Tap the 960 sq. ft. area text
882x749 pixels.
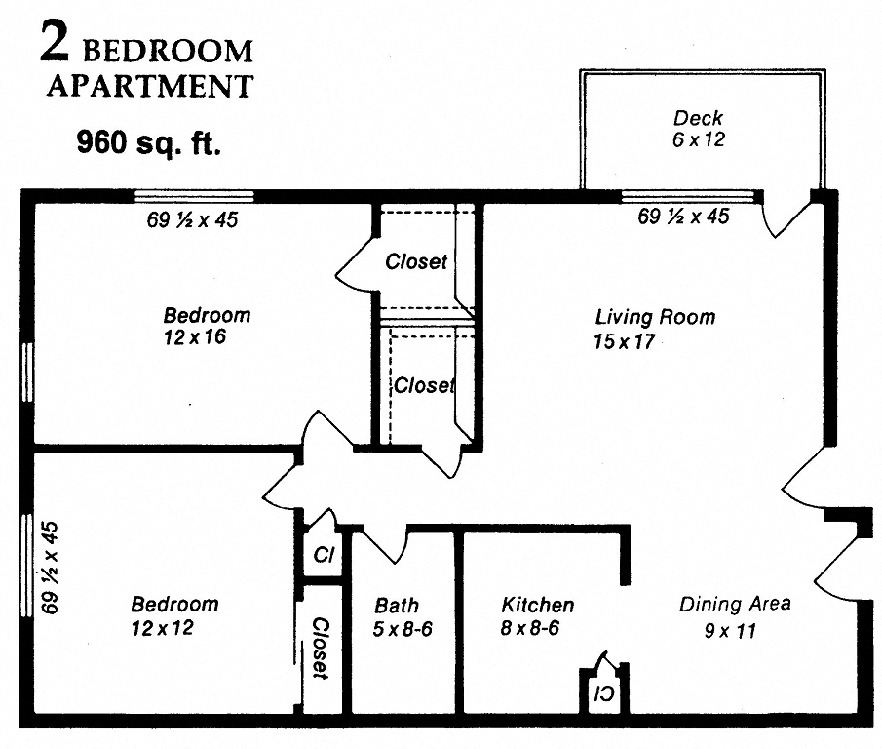149,143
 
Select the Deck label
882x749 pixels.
699,119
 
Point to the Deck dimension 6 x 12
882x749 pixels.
699,139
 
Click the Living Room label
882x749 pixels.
655,318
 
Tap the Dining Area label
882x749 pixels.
735,605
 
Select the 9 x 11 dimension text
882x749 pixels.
730,631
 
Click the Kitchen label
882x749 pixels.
537,606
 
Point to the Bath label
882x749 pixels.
397,606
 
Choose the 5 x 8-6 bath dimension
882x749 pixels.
403,630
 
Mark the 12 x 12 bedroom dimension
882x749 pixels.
163,628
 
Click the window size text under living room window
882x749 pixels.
683,217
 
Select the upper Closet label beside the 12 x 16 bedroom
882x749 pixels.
416,261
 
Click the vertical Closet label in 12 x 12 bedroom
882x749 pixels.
320,648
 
